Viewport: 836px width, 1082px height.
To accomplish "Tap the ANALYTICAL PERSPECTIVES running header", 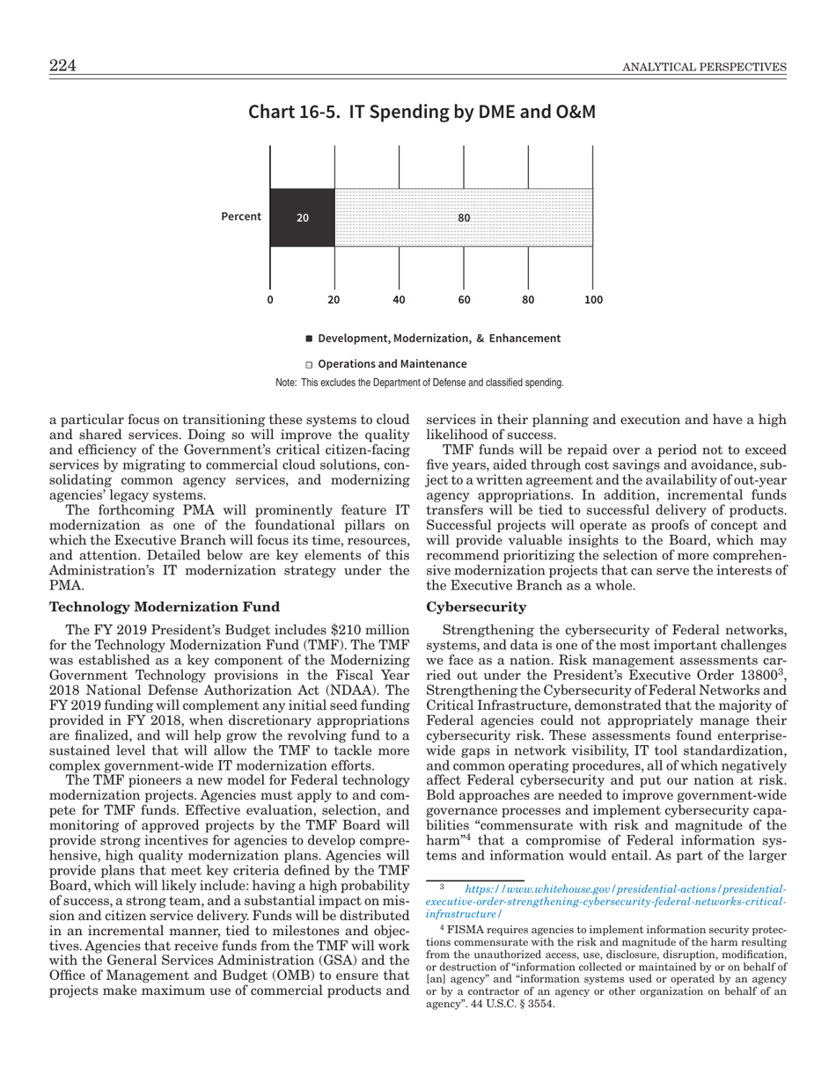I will pos(704,68).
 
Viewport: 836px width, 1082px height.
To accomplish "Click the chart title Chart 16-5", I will pos(422,113).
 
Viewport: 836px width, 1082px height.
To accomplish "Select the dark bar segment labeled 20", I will pos(302,217).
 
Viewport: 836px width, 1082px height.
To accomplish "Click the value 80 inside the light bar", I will pos(464,217).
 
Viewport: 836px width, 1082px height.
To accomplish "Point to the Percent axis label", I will pos(241,216).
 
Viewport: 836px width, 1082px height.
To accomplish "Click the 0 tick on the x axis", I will pos(270,299).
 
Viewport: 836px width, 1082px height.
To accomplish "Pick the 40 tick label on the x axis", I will pos(399,299).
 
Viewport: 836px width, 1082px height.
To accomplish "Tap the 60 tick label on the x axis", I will pos(464,299).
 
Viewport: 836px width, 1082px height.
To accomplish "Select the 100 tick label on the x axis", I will pos(593,299).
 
